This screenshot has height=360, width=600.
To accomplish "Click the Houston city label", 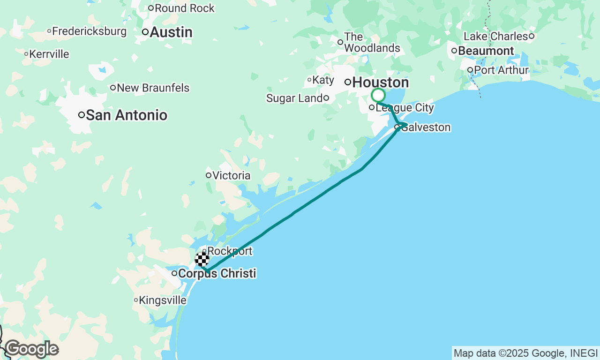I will [380, 82].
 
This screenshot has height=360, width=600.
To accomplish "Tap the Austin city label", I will [171, 32].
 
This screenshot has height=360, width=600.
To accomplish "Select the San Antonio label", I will [127, 115].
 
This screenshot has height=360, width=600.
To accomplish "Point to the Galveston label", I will [426, 127].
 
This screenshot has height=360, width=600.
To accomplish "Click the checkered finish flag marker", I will [202, 259].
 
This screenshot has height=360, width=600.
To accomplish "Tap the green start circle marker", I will [378, 96].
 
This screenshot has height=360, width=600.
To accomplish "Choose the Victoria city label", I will [231, 175].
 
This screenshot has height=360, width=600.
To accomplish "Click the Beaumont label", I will [486, 51].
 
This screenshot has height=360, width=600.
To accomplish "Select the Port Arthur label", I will [501, 70].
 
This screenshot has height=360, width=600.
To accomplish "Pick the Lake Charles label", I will [495, 36].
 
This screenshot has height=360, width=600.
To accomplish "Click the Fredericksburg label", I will [89, 31].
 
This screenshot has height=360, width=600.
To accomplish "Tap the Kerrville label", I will [49, 54].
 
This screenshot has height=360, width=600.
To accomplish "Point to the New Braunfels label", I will [153, 88].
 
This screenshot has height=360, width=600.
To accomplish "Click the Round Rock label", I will [184, 8].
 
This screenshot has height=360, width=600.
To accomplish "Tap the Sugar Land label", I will [294, 98].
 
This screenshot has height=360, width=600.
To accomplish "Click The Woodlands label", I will [372, 42].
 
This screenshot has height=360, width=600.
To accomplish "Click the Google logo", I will [31, 349].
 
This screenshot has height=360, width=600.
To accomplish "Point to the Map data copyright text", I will [525, 353].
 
